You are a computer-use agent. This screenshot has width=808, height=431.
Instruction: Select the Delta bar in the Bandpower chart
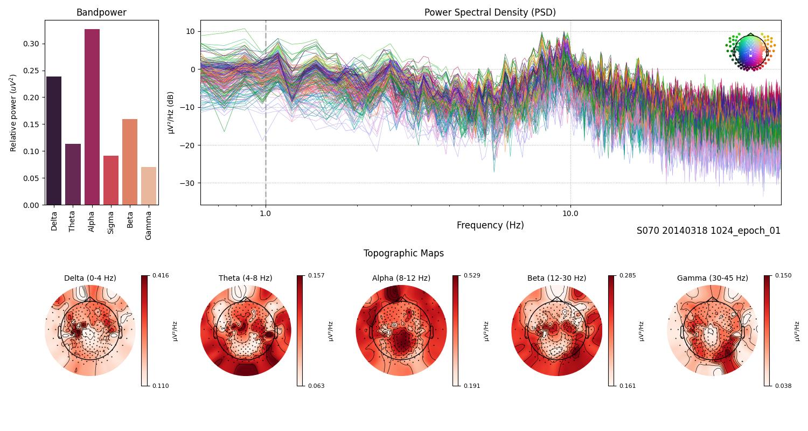(x=54, y=141)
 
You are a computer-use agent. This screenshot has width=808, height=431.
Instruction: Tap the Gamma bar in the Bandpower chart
(x=149, y=186)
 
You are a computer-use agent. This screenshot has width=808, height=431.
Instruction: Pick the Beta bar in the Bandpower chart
(x=130, y=162)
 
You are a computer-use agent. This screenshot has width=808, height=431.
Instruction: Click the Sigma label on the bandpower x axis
(x=111, y=222)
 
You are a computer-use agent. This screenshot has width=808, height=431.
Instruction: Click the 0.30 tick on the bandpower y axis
(x=31, y=44)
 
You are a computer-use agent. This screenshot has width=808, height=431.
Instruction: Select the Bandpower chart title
(x=101, y=12)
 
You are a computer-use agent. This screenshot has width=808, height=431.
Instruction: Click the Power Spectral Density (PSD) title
(x=490, y=12)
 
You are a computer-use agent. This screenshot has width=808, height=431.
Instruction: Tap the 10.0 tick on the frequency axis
(x=570, y=213)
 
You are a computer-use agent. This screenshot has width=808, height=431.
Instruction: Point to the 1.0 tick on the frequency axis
(x=265, y=213)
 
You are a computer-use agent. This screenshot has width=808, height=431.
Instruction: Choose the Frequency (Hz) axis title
(x=490, y=225)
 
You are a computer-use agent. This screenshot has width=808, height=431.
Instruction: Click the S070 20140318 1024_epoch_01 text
(x=708, y=231)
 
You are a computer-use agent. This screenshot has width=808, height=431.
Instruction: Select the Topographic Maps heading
(x=403, y=253)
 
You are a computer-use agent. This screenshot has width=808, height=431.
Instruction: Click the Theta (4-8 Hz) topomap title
(x=245, y=278)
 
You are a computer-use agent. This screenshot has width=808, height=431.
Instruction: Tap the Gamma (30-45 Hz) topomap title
(x=712, y=278)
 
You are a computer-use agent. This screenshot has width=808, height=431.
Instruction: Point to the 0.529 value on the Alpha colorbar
(x=471, y=275)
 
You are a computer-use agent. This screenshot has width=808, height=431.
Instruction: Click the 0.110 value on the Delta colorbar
(x=161, y=386)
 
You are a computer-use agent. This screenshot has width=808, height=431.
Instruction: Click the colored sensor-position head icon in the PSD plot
(x=750, y=51)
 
